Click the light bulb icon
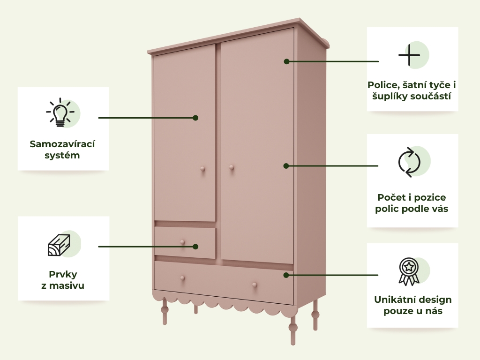[60, 112]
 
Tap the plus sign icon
[409, 55]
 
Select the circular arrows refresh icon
[409, 162]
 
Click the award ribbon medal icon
[409, 272]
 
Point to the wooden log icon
[59, 245]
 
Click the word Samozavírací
[62, 144]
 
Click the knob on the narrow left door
[202, 169]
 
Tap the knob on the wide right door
[232, 167]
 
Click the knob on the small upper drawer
[182, 242]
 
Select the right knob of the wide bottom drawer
[255, 285]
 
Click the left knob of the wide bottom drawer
[182, 278]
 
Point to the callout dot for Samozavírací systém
[195, 118]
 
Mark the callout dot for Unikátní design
[286, 275]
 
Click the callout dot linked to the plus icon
[286, 61]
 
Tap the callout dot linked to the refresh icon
[286, 166]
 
